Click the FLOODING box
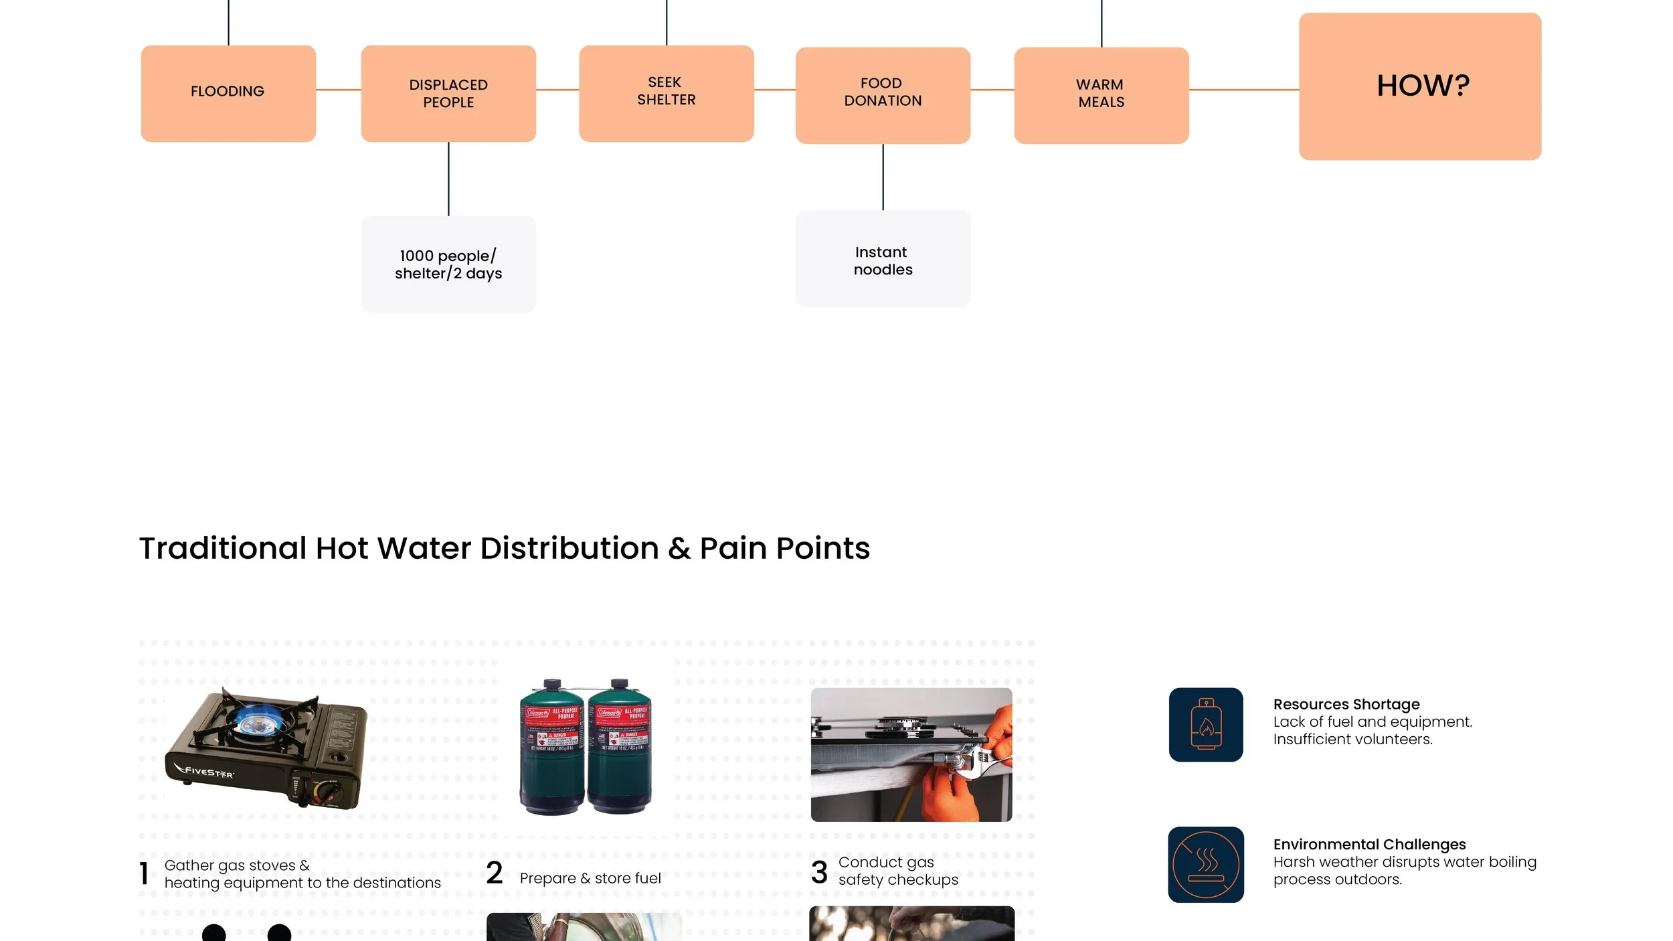[228, 93]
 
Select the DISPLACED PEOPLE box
[448, 93]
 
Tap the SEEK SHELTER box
[666, 93]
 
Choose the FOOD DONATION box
[883, 95]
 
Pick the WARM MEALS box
[1102, 95]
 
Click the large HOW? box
[1420, 86]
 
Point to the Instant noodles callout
[883, 260]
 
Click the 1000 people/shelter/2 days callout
[448, 264]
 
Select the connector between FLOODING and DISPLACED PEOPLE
[338, 90]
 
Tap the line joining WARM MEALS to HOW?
[1243, 90]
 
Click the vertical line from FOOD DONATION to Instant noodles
[883, 177]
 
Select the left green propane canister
[551, 748]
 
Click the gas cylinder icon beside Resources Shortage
[1206, 724]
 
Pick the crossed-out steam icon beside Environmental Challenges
[1206, 864]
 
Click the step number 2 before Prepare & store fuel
[495, 873]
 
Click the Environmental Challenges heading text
[1369, 844]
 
